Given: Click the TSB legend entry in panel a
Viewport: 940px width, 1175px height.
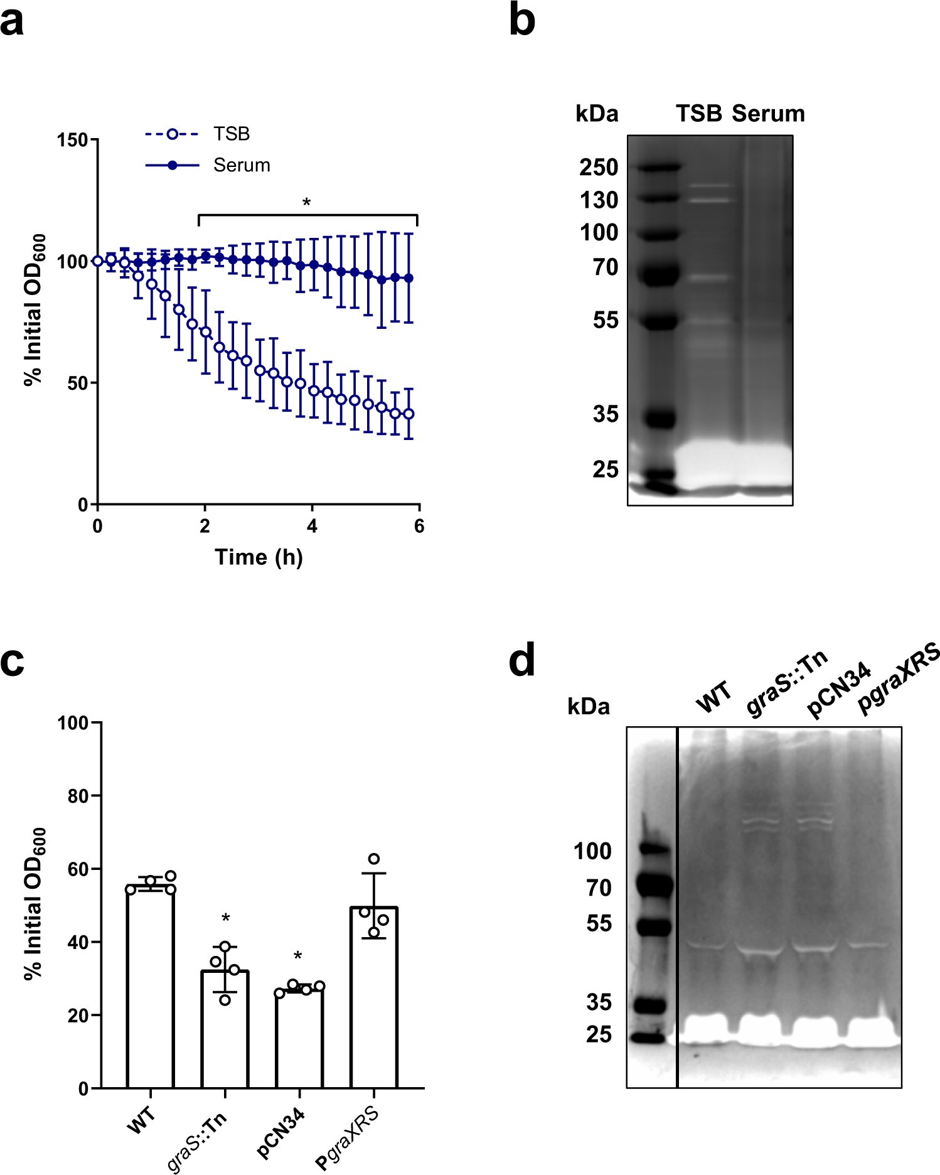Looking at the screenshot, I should click(x=231, y=134).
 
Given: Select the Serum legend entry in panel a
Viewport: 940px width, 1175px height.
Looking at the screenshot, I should click(x=241, y=166).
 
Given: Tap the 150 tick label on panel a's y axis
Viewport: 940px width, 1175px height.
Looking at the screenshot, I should click(x=72, y=140).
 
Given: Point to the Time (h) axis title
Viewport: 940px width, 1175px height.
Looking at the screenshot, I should click(x=259, y=557).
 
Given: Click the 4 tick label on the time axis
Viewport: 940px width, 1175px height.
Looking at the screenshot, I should click(x=312, y=527).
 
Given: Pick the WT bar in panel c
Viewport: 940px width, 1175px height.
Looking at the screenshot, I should click(x=151, y=985).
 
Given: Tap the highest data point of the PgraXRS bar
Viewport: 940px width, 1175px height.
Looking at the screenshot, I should click(x=374, y=859).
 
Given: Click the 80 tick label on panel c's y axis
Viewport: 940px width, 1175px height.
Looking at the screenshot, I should click(x=78, y=797).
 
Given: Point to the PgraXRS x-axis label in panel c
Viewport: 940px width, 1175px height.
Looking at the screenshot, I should click(x=348, y=1139).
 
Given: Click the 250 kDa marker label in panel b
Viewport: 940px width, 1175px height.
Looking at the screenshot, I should click(x=599, y=168).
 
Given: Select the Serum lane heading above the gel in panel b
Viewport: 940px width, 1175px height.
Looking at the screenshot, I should click(x=768, y=114).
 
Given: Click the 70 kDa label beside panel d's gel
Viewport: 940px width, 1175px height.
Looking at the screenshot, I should click(x=599, y=888).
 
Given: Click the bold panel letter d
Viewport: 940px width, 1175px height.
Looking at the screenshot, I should click(x=521, y=660).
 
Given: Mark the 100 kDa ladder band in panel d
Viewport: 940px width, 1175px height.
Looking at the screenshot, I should click(x=654, y=849).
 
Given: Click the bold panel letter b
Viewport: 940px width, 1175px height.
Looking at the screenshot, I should click(x=521, y=20).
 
